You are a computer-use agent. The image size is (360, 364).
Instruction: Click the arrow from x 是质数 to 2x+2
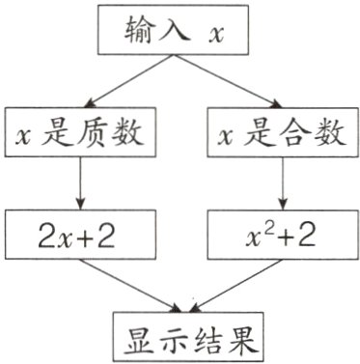[79, 183]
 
